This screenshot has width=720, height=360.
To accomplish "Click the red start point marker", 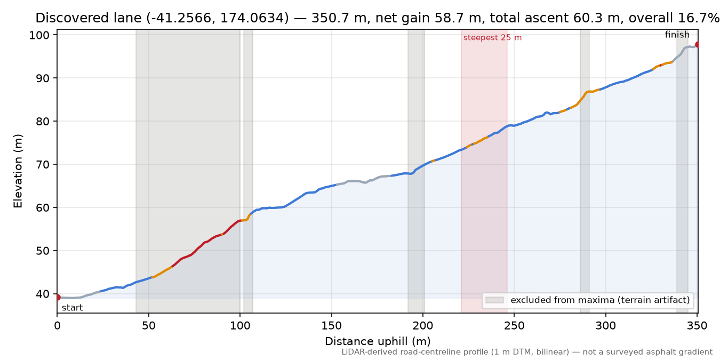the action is pos(58,297).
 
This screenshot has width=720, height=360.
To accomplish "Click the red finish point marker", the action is pos(698,44).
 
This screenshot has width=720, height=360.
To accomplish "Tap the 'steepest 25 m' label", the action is pos(492,38).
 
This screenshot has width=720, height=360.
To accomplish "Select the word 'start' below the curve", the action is pos(72,308).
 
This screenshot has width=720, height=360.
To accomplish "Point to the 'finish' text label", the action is pos(677,34).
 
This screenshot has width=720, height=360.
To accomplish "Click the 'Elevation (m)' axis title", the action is pos(18,171).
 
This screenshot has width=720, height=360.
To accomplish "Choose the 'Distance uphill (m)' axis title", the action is pos(378,341).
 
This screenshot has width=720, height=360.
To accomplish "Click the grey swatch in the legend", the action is pos(494,300).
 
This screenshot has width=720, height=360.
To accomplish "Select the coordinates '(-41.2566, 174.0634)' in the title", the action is pos(218,18).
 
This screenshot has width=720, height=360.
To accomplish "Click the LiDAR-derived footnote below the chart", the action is pos(527,352).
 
